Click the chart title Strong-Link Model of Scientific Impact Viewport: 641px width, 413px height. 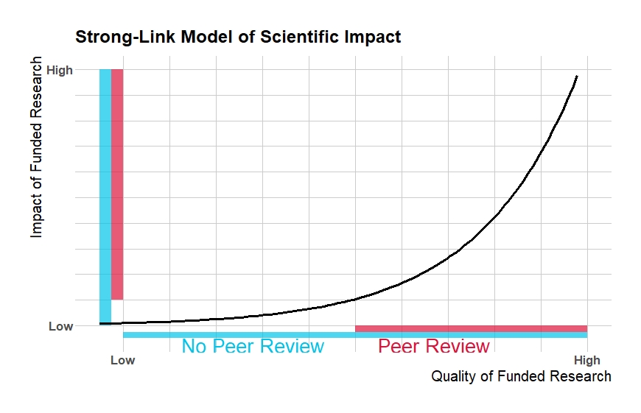tap(238, 36)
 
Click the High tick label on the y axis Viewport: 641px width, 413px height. tap(60, 71)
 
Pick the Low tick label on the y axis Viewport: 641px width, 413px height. tap(61, 326)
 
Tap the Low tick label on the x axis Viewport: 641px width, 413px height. tap(122, 361)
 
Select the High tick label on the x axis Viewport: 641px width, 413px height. tap(587, 361)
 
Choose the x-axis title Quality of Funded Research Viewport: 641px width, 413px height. tap(521, 377)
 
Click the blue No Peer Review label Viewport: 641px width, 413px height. tap(253, 346)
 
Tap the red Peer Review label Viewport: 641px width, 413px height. tap(434, 346)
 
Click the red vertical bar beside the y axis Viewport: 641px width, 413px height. tap(117, 184)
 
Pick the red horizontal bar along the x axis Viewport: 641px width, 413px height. tap(471, 328)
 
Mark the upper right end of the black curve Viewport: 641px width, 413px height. tap(577, 76)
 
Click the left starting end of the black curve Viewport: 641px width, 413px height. tap(101, 323)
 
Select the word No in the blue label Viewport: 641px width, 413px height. tap(194, 346)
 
